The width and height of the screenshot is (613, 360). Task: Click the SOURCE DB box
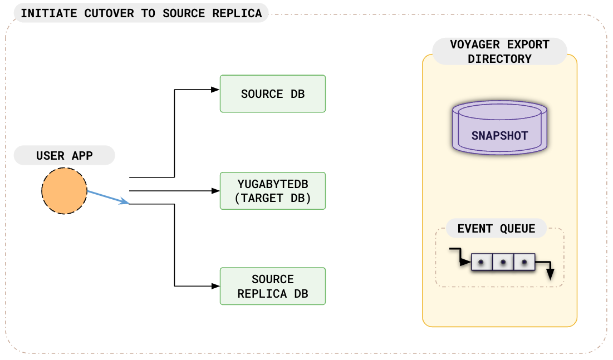pos(272,94)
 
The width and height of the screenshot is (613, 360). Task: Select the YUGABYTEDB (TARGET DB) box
pos(272,191)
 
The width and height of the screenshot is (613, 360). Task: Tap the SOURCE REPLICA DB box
pos(272,286)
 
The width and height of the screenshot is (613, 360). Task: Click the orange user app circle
pos(64,191)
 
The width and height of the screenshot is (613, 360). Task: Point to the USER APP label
pos(64,156)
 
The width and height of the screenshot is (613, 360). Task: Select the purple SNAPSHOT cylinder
pos(499,128)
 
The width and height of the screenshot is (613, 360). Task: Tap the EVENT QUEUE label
pos(496,229)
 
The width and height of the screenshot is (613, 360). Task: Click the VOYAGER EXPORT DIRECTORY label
pos(499,52)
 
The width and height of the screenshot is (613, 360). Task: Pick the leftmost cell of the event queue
pos(482,262)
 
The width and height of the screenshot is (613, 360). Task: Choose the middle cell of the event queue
pos(503,262)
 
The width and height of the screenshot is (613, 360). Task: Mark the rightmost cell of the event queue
pos(524,262)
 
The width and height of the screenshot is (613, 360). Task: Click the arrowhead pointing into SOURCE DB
pos(215,90)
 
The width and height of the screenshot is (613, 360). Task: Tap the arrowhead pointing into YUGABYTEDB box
pos(215,191)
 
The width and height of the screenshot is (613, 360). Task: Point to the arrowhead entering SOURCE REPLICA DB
pos(215,286)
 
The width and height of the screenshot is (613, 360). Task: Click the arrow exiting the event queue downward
pos(550,273)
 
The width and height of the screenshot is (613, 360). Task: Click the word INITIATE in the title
pos(49,13)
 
